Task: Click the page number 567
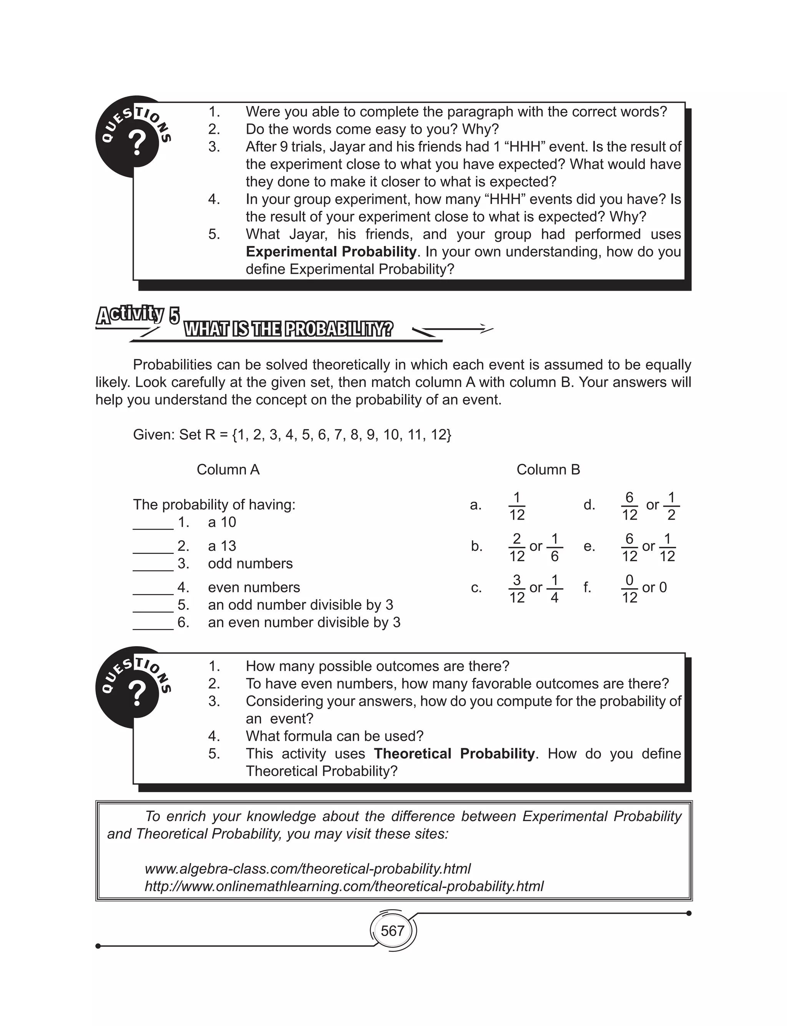[x=392, y=930]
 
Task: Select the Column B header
[x=548, y=469]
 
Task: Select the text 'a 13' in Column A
[x=222, y=546]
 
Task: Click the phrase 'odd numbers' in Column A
[x=250, y=563]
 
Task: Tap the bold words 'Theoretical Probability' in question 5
[x=454, y=753]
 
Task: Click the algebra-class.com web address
[x=307, y=869]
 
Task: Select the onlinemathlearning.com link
[x=344, y=886]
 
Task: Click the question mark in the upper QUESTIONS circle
[x=137, y=143]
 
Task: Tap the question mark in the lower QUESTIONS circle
[x=137, y=694]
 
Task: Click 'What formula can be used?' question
[x=334, y=736]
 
